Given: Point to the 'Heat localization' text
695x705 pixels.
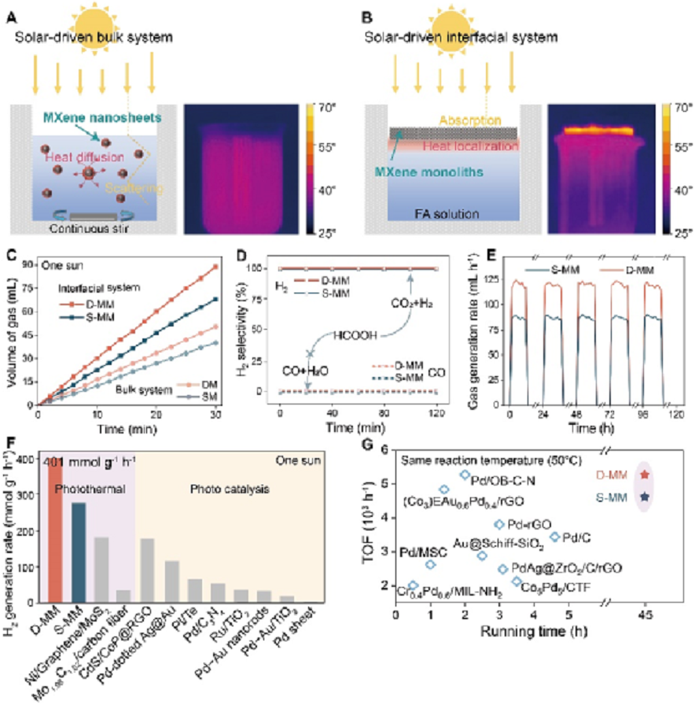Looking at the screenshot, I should point(457,146).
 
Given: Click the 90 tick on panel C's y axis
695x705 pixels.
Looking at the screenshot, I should point(30,264).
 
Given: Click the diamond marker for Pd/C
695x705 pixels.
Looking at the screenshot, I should point(555,537).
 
